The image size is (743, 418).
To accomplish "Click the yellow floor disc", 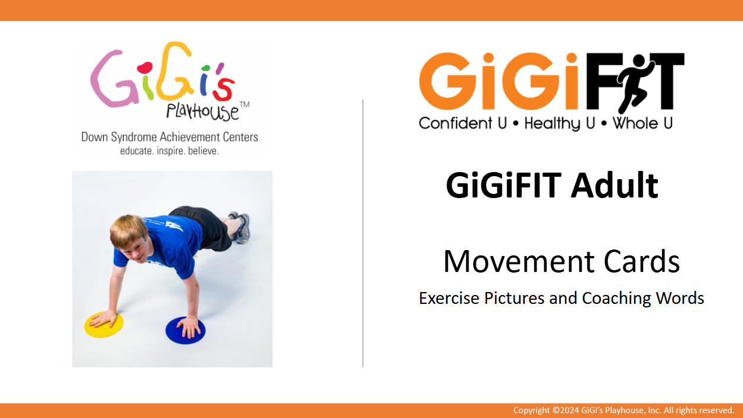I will point(104,325).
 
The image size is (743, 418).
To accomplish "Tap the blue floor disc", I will point(185,329).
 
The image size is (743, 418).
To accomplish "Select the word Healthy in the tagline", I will point(552,124).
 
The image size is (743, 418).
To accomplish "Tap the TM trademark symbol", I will point(244,105).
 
